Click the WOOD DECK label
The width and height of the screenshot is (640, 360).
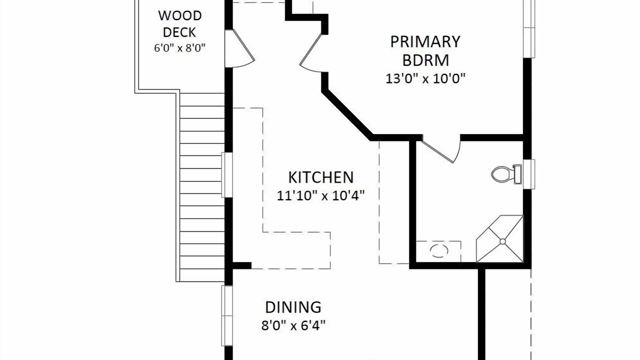pyautogui.click(x=179, y=23)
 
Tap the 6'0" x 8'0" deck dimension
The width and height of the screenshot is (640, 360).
pyautogui.click(x=179, y=47)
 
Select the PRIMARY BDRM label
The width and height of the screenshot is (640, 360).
pyautogui.click(x=425, y=51)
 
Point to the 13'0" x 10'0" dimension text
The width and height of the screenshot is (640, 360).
pyautogui.click(x=425, y=78)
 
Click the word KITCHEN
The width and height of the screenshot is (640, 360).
pyautogui.click(x=321, y=177)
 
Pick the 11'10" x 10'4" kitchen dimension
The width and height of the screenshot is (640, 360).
pyautogui.click(x=321, y=196)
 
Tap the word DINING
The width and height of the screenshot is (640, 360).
pyautogui.click(x=293, y=307)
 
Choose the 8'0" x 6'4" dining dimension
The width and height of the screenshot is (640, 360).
pyautogui.click(x=293, y=325)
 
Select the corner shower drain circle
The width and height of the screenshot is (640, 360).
pyautogui.click(x=502, y=241)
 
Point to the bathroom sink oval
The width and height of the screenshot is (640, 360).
pyautogui.click(x=439, y=251)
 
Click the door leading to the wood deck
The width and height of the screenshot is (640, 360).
pyautogui.click(x=239, y=48)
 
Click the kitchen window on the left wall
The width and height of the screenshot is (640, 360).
pyautogui.click(x=227, y=175)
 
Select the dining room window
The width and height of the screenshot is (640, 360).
pyautogui.click(x=227, y=315)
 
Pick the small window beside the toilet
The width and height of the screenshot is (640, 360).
pyautogui.click(x=529, y=174)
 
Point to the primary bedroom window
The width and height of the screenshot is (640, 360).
pyautogui.click(x=529, y=28)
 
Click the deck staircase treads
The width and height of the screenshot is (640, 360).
pyautogui.click(x=201, y=187)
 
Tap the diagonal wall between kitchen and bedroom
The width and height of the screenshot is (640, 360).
pyautogui.click(x=347, y=115)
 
